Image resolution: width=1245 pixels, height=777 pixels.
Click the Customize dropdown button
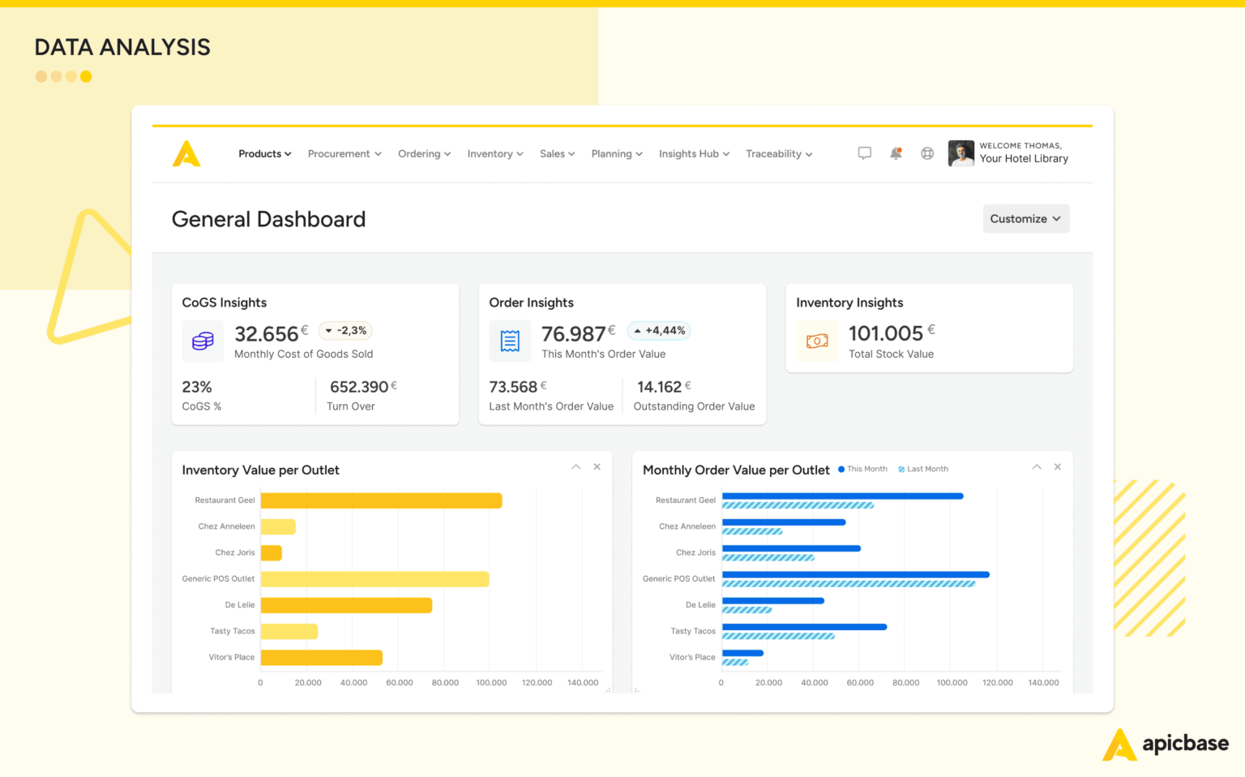click(x=1025, y=219)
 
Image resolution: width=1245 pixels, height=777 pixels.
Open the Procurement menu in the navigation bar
click(x=344, y=154)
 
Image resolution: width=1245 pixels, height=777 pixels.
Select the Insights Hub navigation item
click(x=694, y=154)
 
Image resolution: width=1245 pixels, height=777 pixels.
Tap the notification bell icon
click(x=896, y=153)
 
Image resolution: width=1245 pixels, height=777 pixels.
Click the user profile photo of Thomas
click(x=961, y=153)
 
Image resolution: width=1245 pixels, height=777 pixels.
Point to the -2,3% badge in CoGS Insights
click(x=346, y=331)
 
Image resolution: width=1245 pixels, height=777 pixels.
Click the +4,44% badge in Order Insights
click(x=659, y=331)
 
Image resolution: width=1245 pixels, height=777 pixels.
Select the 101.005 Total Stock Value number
click(x=885, y=333)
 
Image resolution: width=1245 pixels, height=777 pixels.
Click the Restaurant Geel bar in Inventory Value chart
click(x=381, y=501)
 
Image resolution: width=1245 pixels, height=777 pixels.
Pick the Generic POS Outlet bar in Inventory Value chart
click(x=374, y=579)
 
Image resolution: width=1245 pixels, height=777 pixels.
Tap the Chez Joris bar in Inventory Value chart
click(x=271, y=553)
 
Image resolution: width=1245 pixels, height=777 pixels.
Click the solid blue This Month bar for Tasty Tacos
click(x=804, y=627)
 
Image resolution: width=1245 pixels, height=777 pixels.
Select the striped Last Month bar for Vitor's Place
click(x=735, y=663)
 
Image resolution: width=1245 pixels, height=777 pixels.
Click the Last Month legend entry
click(x=923, y=470)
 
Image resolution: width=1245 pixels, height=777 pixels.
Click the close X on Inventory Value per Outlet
click(x=597, y=467)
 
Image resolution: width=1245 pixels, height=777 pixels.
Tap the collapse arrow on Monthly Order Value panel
click(x=1036, y=467)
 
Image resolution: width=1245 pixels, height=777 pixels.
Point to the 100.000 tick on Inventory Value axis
click(x=491, y=683)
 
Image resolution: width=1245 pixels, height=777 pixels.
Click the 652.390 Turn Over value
click(x=359, y=387)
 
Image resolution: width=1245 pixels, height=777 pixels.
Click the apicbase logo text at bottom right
click(x=1185, y=744)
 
